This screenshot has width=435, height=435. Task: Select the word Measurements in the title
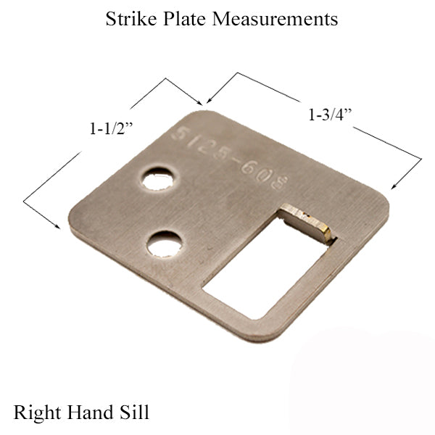275,20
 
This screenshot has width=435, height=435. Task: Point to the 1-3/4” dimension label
331,114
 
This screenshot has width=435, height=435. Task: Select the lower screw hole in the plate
163,244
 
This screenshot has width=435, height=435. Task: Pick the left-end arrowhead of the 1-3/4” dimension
208,101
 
